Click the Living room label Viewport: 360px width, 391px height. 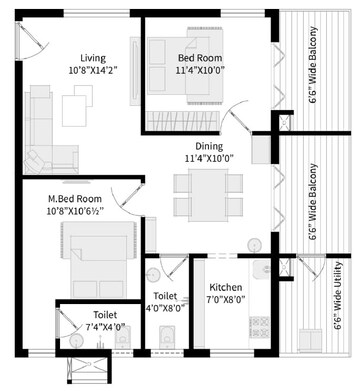click(93, 58)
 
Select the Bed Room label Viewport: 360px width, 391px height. click(200, 58)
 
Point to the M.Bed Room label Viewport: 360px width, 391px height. click(75, 199)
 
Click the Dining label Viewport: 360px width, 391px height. click(209, 146)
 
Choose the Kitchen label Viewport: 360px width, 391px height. click(226, 287)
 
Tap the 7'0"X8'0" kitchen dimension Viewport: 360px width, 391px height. click(226, 299)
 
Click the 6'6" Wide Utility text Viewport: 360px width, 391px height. click(338, 296)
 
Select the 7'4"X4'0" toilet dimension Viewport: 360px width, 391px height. click(105, 327)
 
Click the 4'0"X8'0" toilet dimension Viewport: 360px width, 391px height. click(166, 308)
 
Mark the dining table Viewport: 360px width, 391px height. click(208, 195)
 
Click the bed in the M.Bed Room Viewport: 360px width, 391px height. click(99, 260)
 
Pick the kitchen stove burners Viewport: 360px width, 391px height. click(259, 327)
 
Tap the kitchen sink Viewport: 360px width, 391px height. click(261, 270)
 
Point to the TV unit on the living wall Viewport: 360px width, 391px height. click(135, 71)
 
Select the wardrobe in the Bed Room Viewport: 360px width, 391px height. click(182, 121)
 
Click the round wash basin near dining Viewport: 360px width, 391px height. click(255, 245)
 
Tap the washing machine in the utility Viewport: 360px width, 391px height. click(310, 340)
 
